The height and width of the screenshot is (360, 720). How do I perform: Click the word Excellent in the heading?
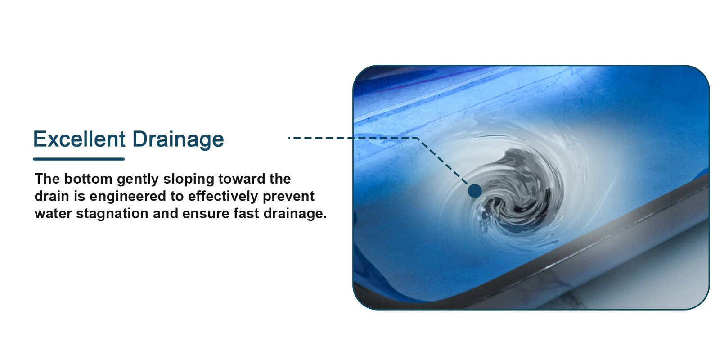pos(79,139)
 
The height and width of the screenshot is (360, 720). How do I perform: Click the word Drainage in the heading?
pos(178,139)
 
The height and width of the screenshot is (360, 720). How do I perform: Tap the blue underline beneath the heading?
pos(79,159)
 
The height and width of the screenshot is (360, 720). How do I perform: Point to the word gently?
pos(138,180)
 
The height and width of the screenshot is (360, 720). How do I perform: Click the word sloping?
pos(189,180)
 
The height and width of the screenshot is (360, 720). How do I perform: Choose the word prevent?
pos(288,197)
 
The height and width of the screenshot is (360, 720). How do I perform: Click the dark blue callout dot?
pos(475,191)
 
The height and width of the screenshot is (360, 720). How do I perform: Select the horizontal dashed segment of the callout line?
pos(353,138)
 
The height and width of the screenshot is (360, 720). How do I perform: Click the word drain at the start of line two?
pos(52,196)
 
